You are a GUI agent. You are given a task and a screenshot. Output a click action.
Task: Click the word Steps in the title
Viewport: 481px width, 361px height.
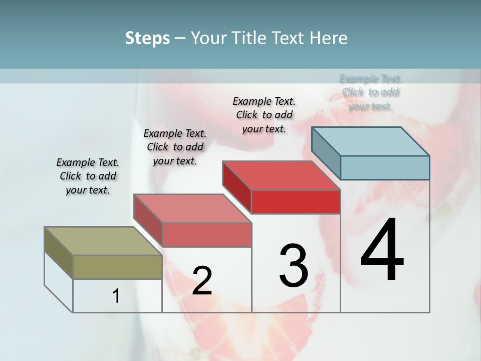(x=147, y=38)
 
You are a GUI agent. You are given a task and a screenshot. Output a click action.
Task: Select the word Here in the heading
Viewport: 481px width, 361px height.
(x=328, y=38)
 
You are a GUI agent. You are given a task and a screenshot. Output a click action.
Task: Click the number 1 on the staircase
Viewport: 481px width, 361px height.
(x=116, y=296)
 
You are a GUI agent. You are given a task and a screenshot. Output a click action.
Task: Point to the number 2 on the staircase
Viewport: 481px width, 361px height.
(x=202, y=281)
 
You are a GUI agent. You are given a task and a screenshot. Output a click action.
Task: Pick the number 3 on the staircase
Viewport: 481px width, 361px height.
(x=294, y=266)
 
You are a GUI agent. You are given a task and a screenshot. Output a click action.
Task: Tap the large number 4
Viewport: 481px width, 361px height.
(x=382, y=251)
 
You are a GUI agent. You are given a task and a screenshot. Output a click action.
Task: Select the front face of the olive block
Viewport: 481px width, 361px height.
(x=117, y=267)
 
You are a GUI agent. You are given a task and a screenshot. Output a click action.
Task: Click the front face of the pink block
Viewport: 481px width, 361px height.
(x=206, y=235)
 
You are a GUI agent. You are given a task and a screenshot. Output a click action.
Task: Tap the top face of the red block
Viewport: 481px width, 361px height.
(x=281, y=175)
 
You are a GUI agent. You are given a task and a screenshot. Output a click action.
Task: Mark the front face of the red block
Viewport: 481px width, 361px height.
(x=296, y=202)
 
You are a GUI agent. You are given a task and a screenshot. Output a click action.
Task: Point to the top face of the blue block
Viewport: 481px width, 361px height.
(x=370, y=141)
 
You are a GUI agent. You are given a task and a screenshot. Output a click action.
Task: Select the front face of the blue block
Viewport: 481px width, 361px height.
(x=385, y=167)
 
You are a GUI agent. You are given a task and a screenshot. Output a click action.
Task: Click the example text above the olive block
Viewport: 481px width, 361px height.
(x=88, y=176)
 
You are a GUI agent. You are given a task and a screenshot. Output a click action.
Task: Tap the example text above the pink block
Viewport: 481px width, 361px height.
(x=175, y=147)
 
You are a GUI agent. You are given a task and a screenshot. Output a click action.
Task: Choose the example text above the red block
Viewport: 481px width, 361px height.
(x=264, y=115)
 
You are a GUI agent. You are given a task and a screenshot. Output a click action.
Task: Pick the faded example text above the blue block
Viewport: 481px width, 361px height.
(x=371, y=92)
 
